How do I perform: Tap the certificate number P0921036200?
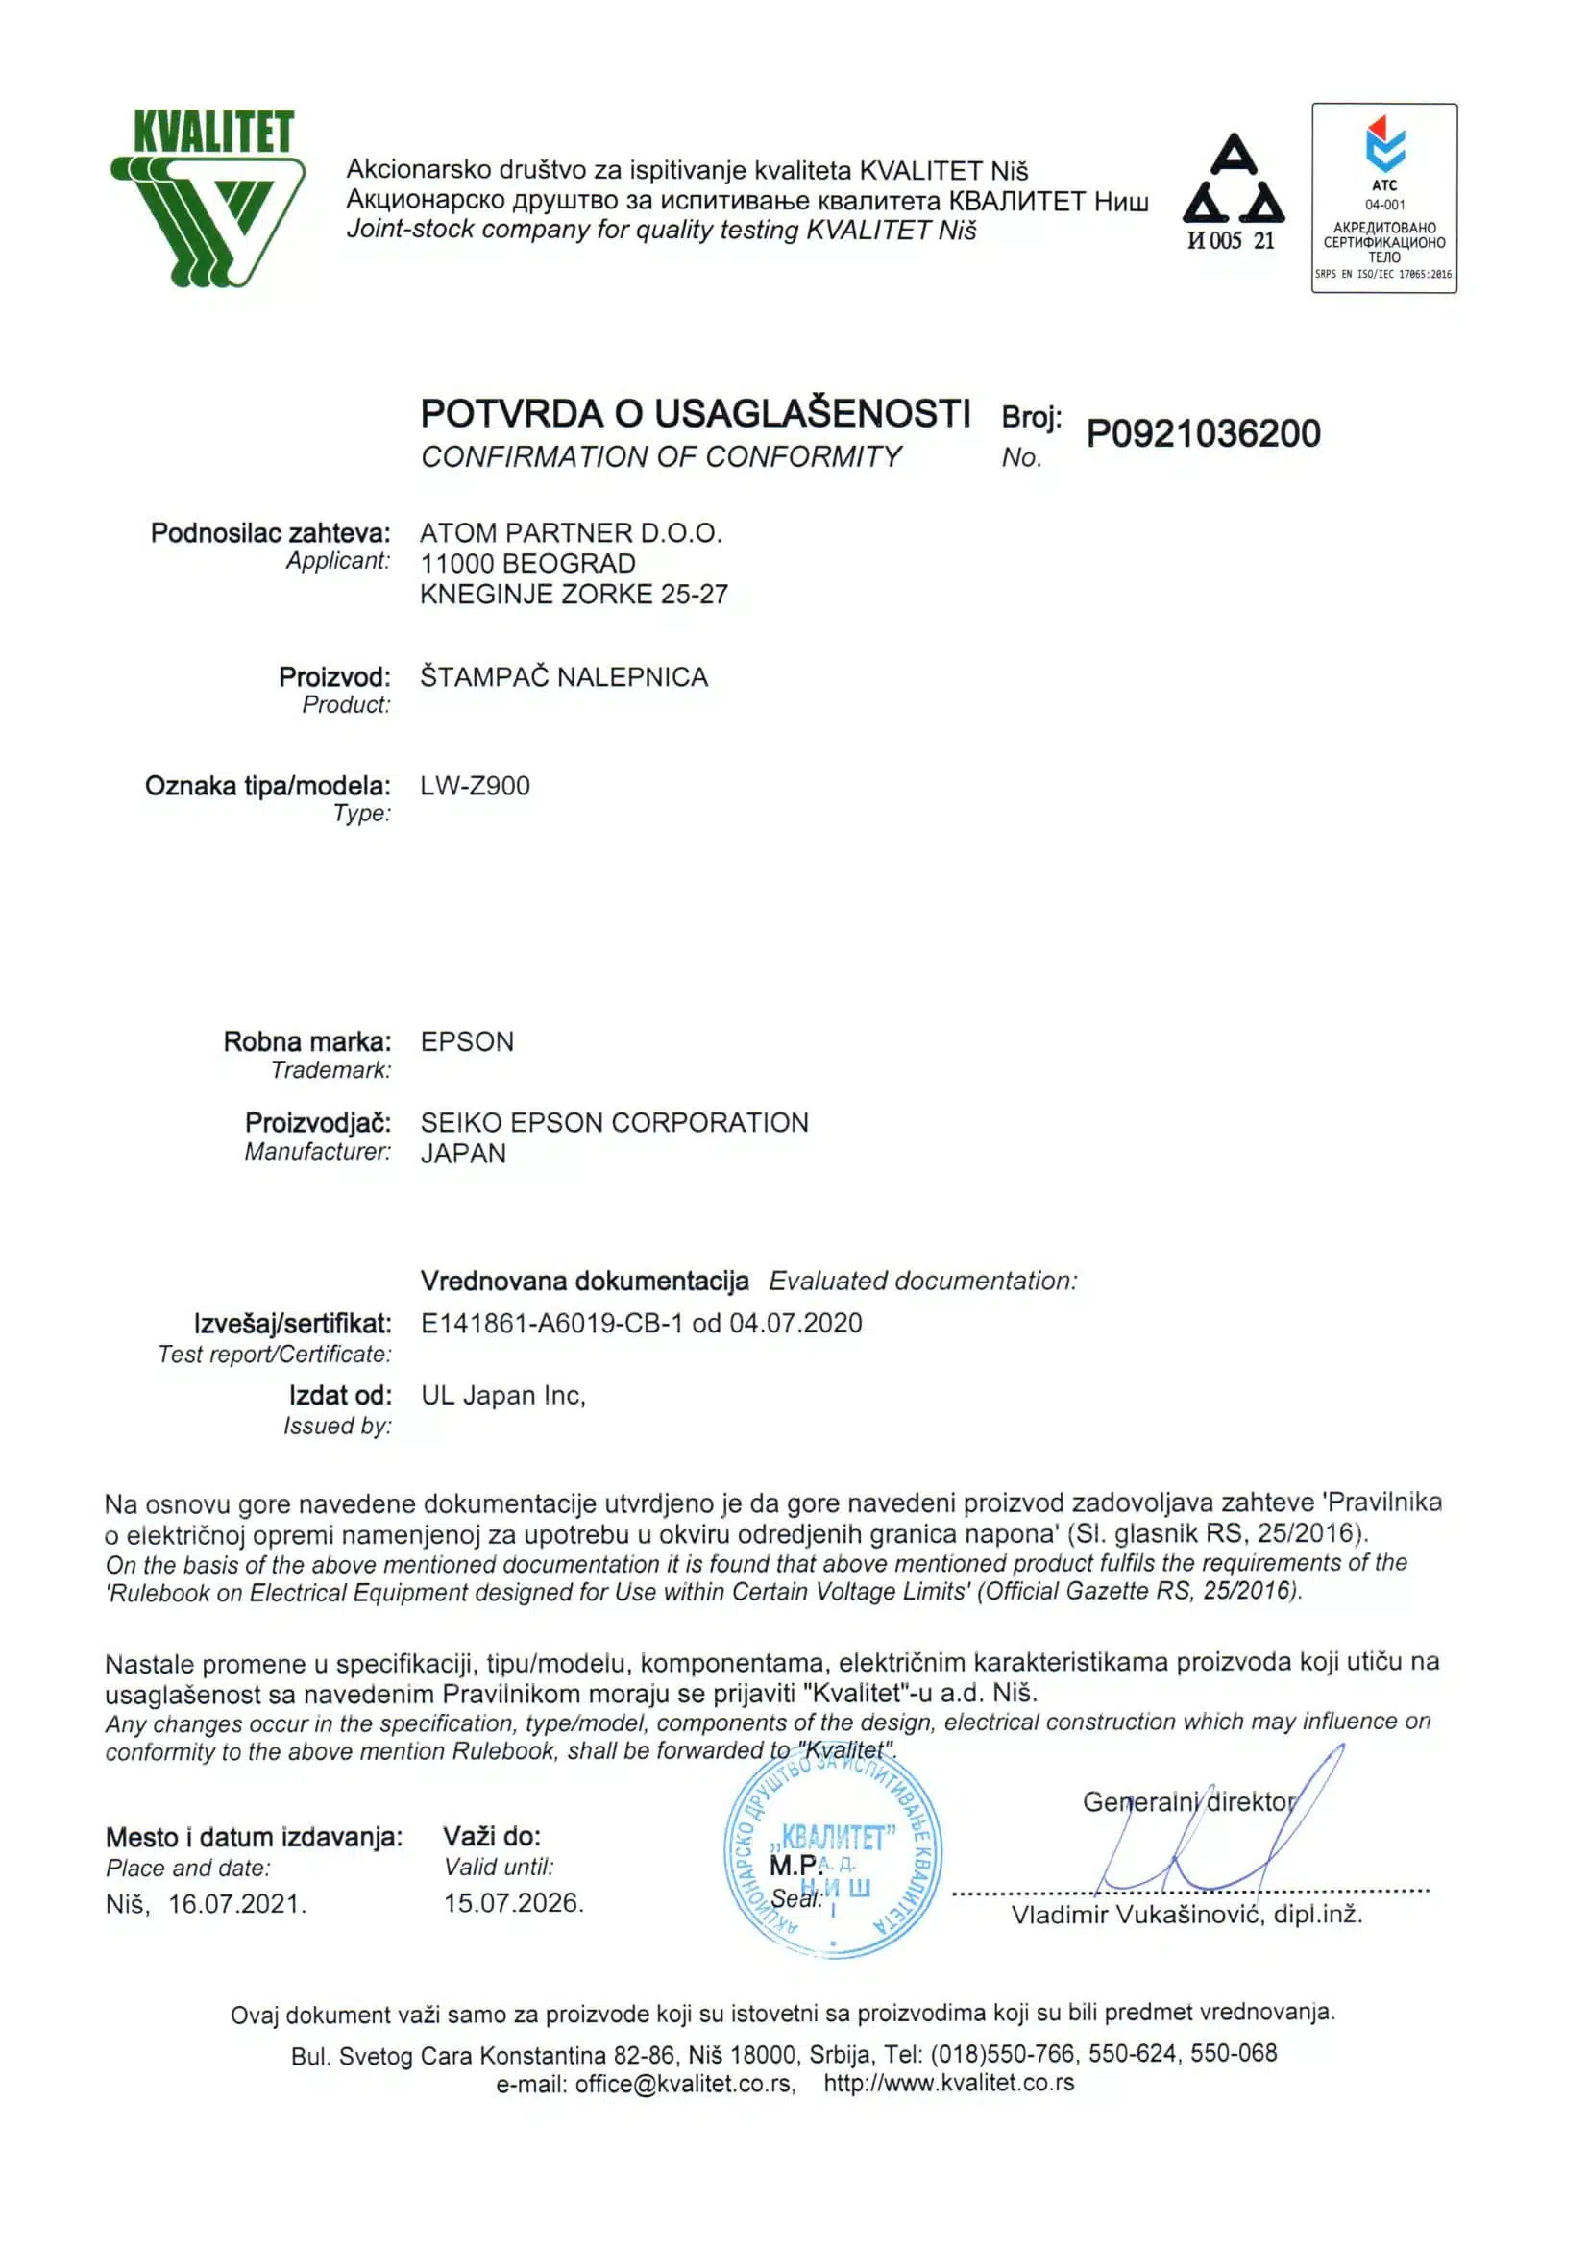(x=1202, y=433)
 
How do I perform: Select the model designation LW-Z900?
(x=475, y=786)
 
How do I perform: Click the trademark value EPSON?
(x=467, y=1041)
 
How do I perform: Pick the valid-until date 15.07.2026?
(x=513, y=1902)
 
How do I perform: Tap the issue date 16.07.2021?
(x=237, y=1903)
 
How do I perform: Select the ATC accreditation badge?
(x=1383, y=198)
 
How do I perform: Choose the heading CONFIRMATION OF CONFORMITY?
(x=661, y=457)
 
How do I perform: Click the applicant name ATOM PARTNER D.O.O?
(x=571, y=533)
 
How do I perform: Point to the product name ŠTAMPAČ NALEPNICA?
(x=564, y=677)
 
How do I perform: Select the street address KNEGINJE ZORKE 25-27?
(x=574, y=595)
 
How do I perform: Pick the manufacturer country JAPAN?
(x=463, y=1154)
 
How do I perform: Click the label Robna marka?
(x=306, y=1041)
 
